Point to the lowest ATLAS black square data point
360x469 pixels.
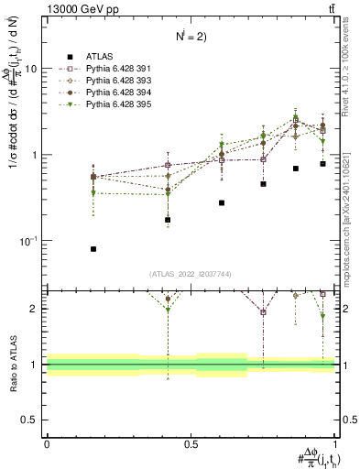pos(69,248)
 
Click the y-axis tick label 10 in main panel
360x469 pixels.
pos(31,69)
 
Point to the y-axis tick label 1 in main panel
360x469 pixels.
pos(35,155)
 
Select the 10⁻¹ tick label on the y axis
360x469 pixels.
pos(29,240)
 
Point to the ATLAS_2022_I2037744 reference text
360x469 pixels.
pos(191,274)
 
